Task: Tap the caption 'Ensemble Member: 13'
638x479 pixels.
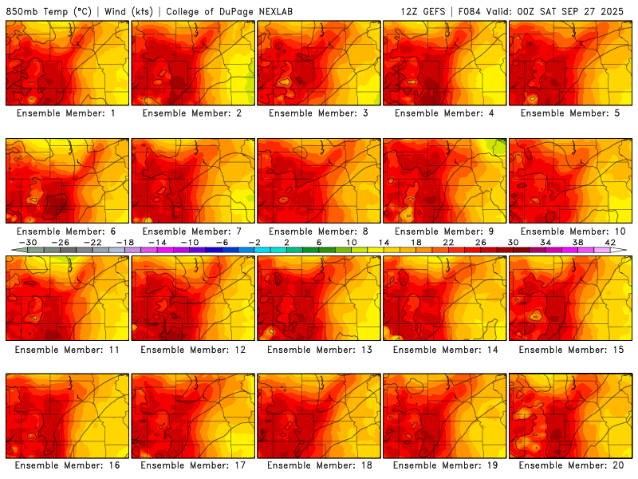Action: click(318, 349)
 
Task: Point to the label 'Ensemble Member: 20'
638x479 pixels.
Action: click(570, 465)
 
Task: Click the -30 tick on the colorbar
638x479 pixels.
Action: click(28, 242)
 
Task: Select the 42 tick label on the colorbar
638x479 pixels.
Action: click(611, 242)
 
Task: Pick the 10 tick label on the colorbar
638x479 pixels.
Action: click(352, 242)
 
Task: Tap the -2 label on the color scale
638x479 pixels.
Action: click(254, 242)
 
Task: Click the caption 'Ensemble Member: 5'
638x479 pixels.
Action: click(570, 113)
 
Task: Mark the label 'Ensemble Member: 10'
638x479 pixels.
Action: click(570, 232)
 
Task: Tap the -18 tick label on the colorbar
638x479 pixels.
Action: click(125, 242)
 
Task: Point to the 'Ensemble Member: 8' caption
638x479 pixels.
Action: click(318, 232)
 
